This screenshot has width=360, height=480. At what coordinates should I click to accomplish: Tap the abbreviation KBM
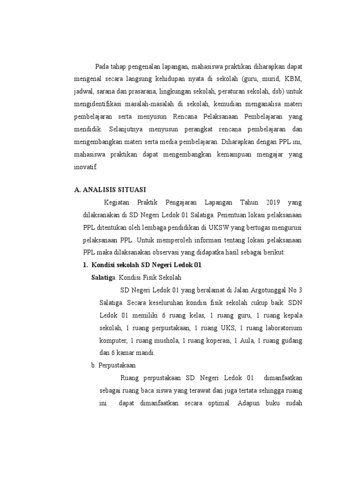293,78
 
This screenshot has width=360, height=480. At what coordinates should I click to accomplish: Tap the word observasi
168,252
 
